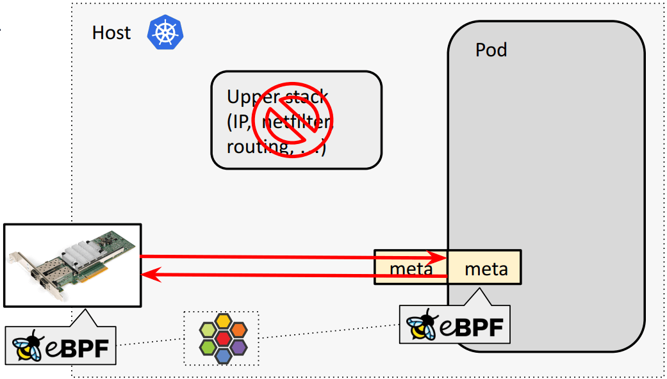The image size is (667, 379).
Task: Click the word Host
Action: tap(111, 33)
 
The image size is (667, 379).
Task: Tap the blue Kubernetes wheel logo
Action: tap(165, 33)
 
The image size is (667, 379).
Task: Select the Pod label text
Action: tap(491, 50)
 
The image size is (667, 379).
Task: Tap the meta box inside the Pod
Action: tap(486, 268)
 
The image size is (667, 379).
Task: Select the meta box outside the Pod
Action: tap(411, 268)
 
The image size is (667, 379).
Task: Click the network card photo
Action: tap(72, 264)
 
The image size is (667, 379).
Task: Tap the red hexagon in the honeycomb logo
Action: tap(223, 337)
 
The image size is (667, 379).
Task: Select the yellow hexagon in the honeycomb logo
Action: tap(223, 321)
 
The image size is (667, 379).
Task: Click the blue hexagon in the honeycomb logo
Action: tap(223, 355)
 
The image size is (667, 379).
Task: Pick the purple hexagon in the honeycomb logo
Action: tap(238, 346)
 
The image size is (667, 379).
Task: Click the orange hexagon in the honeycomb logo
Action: tap(238, 329)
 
